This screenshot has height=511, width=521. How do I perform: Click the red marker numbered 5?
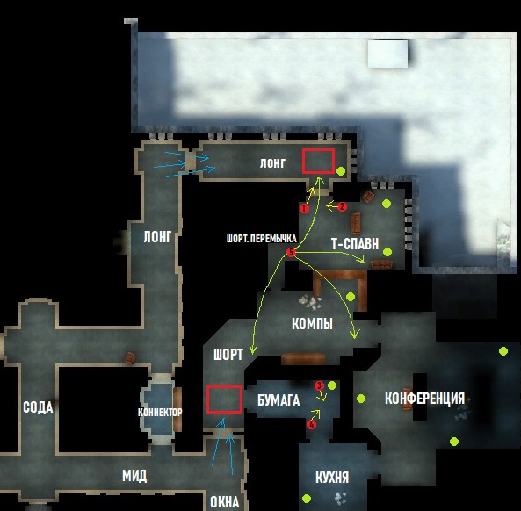tap(291, 252)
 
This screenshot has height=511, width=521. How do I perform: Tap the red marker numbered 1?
tap(304, 208)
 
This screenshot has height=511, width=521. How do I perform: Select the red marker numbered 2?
tap(343, 207)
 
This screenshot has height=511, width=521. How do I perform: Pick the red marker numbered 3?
tap(319, 385)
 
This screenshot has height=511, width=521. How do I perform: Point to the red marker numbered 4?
tap(311, 424)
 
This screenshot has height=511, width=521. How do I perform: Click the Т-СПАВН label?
tap(355, 244)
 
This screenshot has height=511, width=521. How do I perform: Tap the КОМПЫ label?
tap(312, 324)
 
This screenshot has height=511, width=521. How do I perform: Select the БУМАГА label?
tap(279, 400)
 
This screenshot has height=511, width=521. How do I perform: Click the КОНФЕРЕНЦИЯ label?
tap(424, 398)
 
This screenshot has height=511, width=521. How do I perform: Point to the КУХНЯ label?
tap(332, 478)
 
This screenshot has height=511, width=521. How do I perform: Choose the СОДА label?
tap(38, 407)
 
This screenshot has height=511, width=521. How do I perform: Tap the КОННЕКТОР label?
tap(160, 413)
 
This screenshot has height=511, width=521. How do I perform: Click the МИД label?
tap(134, 476)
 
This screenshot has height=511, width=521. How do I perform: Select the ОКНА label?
tap(225, 501)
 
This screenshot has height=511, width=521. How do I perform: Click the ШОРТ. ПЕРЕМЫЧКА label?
tap(262, 239)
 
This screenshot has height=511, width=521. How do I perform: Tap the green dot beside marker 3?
tap(332, 385)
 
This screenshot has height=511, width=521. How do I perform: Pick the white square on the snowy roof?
tap(387, 54)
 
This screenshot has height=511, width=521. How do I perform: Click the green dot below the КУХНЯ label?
tap(307, 499)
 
